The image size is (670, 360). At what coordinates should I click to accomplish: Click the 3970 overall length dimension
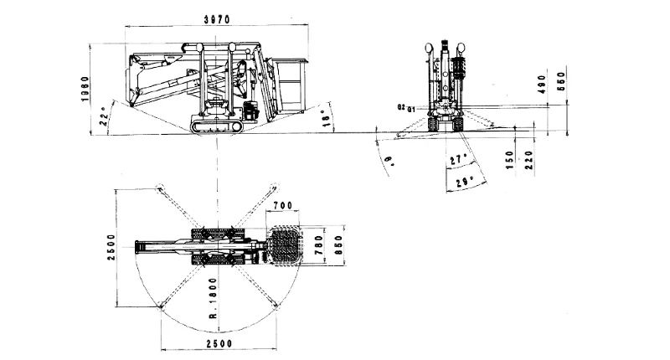217,18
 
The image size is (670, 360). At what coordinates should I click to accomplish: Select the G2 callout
401,107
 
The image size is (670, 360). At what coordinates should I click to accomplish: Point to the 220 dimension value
529,160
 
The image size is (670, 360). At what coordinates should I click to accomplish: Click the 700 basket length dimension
282,206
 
